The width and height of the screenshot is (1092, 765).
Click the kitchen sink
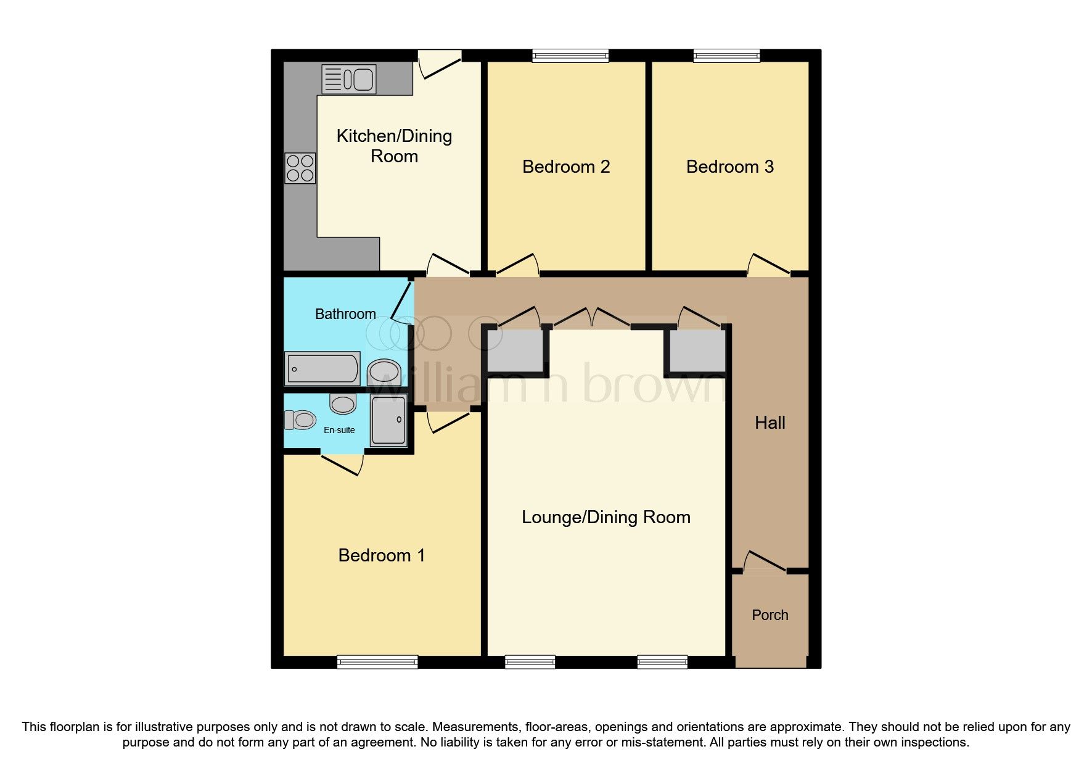point(349,80)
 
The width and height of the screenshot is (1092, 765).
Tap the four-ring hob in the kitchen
point(300,168)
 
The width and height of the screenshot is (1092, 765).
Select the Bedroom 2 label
point(565,167)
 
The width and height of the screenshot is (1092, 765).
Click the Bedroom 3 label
point(729,167)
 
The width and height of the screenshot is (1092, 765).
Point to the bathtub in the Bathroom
point(322,368)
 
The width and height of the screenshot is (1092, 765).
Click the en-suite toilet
point(300,420)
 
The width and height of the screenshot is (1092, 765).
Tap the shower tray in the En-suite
point(388,420)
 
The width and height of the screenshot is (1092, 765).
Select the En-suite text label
point(339,430)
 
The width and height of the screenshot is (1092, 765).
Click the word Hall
point(770,423)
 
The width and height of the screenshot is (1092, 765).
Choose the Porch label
point(770,615)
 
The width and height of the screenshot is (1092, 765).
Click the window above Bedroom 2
point(570,56)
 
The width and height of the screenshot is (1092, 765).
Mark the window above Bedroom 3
point(726,56)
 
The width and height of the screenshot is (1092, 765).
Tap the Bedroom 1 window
point(377,662)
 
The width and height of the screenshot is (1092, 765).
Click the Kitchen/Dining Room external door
point(440,64)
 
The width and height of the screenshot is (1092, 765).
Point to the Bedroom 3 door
point(768,265)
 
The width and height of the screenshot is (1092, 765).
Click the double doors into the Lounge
point(591,318)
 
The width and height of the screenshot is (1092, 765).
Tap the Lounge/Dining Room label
point(606,517)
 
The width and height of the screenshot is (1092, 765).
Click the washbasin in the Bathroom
point(384,373)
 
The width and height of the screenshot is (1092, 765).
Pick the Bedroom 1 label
point(381,555)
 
